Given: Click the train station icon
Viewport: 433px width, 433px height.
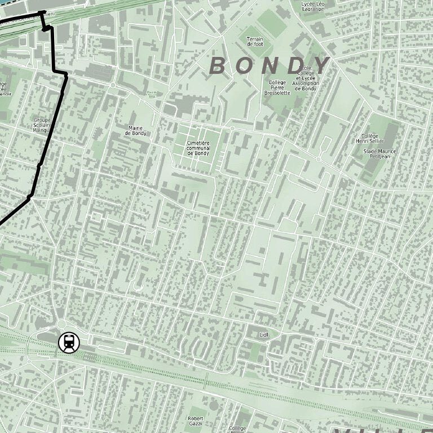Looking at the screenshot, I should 69,342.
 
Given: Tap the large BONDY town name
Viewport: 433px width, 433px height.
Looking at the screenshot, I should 269,66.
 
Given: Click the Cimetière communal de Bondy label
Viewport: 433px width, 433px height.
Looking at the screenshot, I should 198,148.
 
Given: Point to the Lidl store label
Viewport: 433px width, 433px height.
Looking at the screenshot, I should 264,334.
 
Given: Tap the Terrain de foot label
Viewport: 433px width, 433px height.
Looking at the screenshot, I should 255,42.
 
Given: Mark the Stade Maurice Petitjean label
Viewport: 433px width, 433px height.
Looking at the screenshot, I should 380,154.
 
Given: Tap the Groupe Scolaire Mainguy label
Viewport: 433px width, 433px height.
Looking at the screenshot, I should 42,125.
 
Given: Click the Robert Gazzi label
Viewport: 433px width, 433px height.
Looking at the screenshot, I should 195,421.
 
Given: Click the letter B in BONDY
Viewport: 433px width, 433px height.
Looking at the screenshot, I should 218,66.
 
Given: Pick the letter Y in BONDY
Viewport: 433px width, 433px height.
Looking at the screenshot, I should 321,66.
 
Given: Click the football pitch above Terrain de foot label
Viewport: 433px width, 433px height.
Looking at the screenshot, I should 271,22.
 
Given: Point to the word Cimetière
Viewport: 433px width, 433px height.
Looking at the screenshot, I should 198,143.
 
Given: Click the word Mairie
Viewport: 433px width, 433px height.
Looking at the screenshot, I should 135,128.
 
